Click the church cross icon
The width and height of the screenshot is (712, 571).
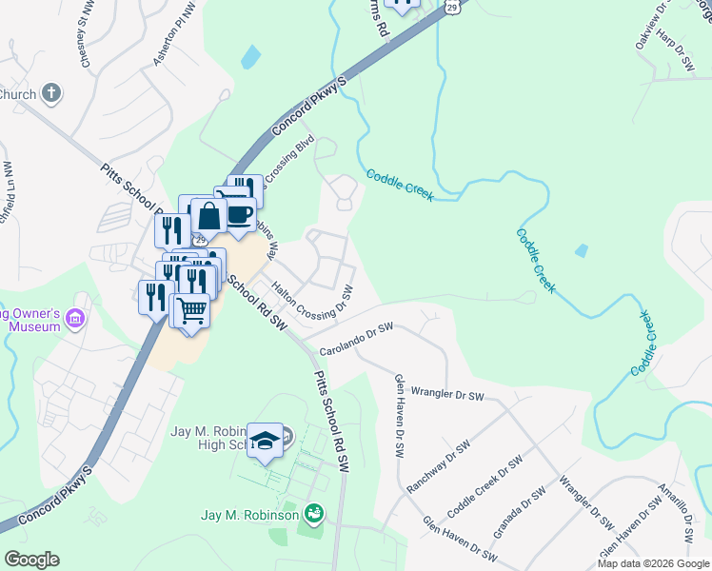(51, 93)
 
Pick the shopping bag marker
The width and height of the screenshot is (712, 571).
(208, 217)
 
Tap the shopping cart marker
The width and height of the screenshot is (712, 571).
(191, 310)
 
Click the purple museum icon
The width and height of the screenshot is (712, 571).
(77, 317)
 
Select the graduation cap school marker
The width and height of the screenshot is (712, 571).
(265, 441)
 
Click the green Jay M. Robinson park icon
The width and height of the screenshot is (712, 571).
(313, 515)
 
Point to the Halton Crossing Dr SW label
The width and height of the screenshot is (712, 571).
(312, 299)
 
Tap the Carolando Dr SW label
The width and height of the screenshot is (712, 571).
(356, 338)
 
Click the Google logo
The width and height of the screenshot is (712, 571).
(31, 560)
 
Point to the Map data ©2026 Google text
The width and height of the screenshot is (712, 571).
(653, 563)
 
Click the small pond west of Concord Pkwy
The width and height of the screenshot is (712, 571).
(249, 57)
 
